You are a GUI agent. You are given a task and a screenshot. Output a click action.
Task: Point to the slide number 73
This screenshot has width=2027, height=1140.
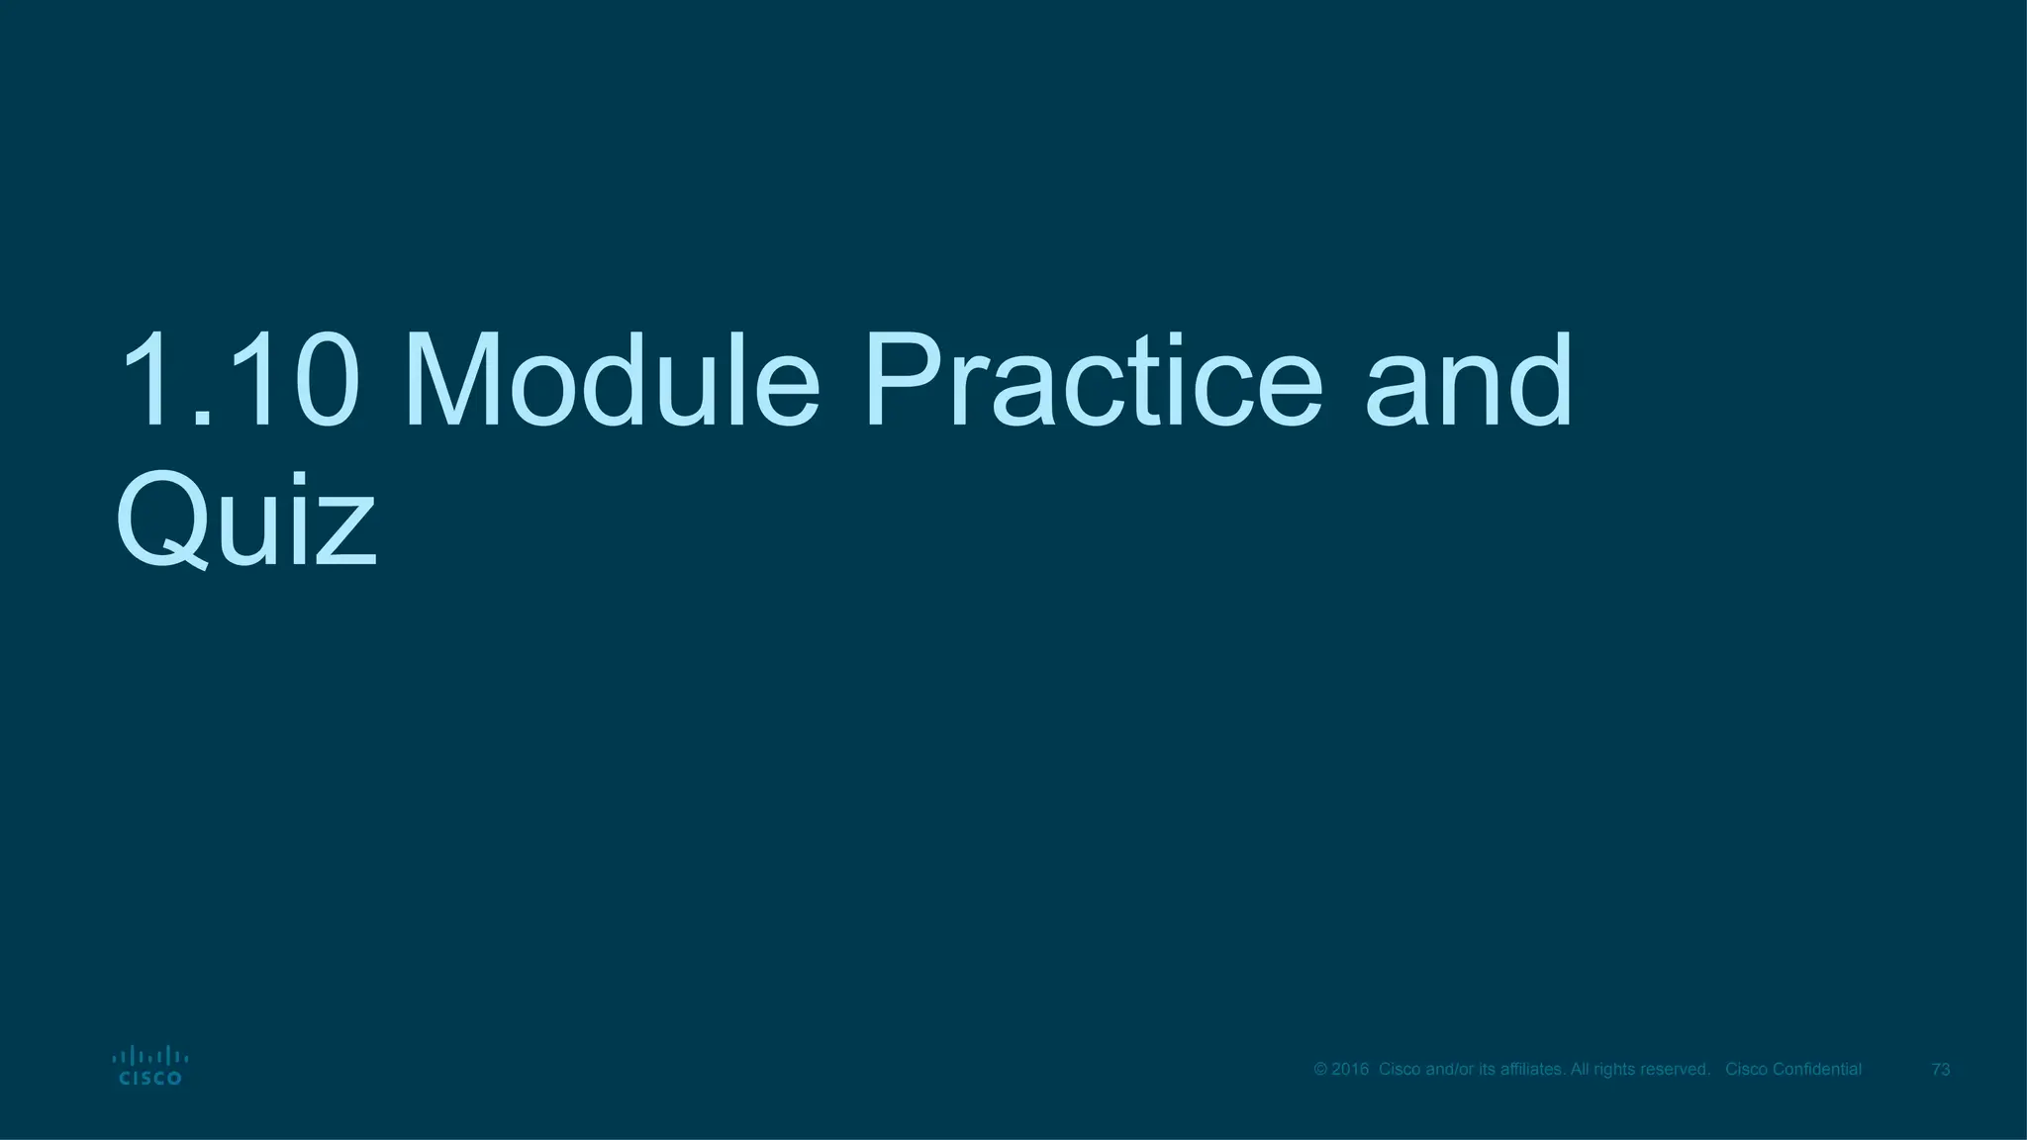[x=1941, y=1070]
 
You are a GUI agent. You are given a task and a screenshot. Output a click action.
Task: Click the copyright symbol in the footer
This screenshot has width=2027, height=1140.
[x=1320, y=1070]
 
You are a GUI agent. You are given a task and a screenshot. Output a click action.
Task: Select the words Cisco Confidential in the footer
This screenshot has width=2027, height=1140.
[x=1793, y=1070]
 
